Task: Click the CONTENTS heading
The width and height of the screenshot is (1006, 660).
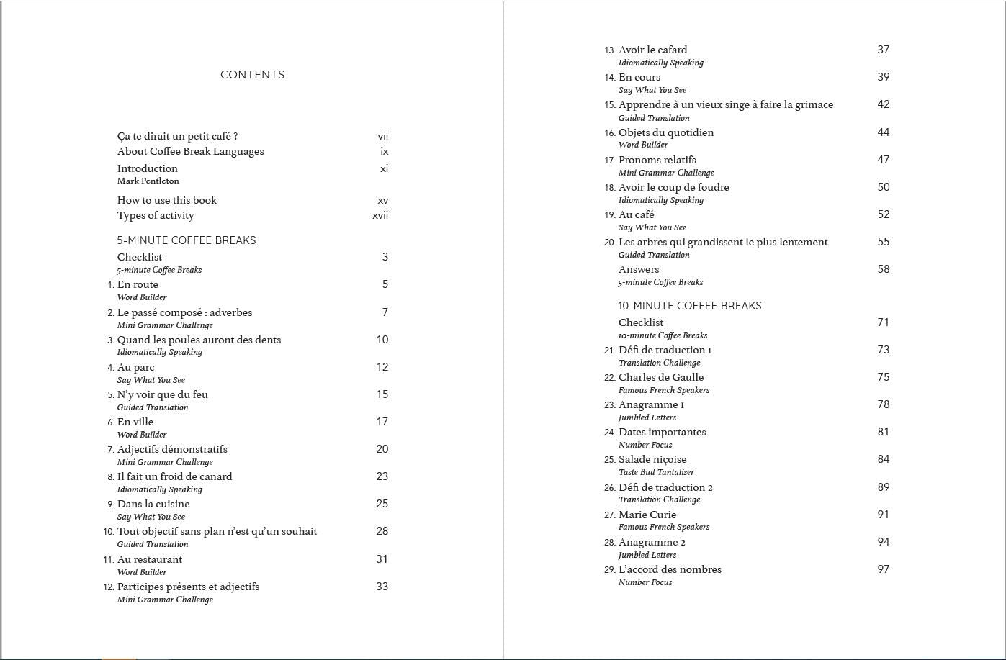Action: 252,75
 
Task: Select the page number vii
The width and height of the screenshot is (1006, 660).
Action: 382,136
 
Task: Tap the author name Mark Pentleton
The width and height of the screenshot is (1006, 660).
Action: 148,181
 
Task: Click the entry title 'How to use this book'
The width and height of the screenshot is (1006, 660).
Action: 166,200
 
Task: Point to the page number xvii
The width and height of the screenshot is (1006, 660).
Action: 380,215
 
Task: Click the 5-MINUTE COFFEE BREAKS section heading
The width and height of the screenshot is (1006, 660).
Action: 187,240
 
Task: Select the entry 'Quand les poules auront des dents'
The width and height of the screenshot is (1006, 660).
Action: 199,340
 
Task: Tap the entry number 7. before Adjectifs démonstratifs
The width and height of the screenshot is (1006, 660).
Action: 111,450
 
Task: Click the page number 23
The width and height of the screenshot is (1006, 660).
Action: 382,476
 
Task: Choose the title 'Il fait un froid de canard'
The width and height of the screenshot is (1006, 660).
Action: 174,476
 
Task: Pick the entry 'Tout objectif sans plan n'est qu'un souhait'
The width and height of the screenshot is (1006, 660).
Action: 217,531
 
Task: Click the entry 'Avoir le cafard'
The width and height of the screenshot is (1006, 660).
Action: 652,50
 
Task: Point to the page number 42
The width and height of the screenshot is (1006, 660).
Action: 883,104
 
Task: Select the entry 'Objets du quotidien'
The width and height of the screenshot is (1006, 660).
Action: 665,132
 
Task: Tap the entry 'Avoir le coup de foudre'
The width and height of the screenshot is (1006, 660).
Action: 673,187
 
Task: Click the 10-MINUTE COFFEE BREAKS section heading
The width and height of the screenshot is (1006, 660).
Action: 689,306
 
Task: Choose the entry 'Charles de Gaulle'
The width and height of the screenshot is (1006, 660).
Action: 660,377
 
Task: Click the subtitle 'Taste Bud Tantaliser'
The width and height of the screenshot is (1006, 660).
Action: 656,472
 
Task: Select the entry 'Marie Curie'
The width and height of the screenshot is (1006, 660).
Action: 647,515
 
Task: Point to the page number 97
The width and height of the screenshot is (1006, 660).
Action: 883,569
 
